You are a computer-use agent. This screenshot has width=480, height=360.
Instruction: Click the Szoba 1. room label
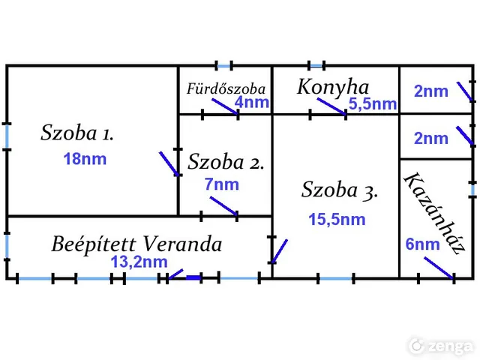pos(77,133)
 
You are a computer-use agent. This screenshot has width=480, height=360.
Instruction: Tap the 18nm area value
pos(85,159)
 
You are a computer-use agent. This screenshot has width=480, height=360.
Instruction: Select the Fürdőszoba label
pos(226,88)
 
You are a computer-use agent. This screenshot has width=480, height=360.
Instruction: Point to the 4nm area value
pos(252,102)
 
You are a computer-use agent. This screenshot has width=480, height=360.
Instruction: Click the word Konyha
pos(333,88)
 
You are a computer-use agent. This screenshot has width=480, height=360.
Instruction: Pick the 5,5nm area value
pos(373,103)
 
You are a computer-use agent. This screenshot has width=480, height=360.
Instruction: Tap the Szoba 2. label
pos(226,161)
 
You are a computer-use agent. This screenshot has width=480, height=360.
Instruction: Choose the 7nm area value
pos(222,184)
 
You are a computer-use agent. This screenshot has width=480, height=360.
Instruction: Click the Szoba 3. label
pos(340,190)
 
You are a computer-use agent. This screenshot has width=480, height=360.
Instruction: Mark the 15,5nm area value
pos(337,219)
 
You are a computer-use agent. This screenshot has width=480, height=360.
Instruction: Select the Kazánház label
pos(434,213)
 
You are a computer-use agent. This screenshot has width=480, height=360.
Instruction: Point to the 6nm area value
pos(422,244)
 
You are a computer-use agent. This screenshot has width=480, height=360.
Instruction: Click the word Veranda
pos(183,244)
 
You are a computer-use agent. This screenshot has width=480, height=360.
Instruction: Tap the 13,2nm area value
pos(139,262)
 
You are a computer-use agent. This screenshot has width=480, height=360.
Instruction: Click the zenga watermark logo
pos(441,346)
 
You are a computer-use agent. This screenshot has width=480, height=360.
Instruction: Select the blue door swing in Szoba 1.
pos(169,163)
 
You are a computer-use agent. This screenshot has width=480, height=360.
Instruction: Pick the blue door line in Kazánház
pos(439,268)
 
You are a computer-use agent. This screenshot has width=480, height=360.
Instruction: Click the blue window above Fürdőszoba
pos(224,65)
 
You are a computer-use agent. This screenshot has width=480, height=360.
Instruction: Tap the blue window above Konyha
pos(316,65)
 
